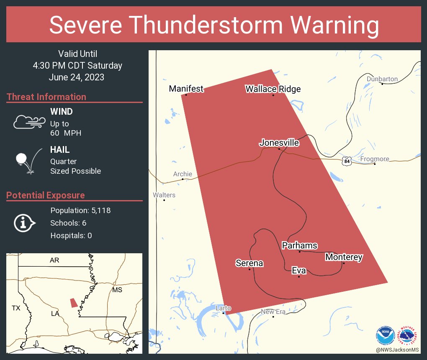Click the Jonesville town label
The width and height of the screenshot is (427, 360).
pos(279,143)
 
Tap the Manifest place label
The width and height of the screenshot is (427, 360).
pos(186,89)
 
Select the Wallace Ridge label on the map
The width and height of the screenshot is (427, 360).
pos(273,89)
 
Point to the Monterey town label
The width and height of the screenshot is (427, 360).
pos(344,257)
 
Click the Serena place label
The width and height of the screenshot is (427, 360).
pos(250,263)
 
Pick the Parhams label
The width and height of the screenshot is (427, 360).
pos(299,246)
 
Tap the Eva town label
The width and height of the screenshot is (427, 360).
pos(299,271)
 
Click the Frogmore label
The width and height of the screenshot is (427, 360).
pos(375,159)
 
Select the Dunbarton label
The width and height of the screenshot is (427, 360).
pos(382,79)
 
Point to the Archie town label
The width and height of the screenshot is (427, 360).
pos(183,174)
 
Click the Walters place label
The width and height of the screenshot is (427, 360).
pos(164,195)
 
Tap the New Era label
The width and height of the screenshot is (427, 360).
pos(273,311)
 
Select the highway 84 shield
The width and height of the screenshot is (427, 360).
pos(346,161)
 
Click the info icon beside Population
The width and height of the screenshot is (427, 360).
pos(24,223)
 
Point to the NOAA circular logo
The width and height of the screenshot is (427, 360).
pos(386,335)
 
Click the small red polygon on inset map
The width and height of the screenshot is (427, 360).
pos(74,303)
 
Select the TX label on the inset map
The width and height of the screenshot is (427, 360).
pos(16,308)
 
